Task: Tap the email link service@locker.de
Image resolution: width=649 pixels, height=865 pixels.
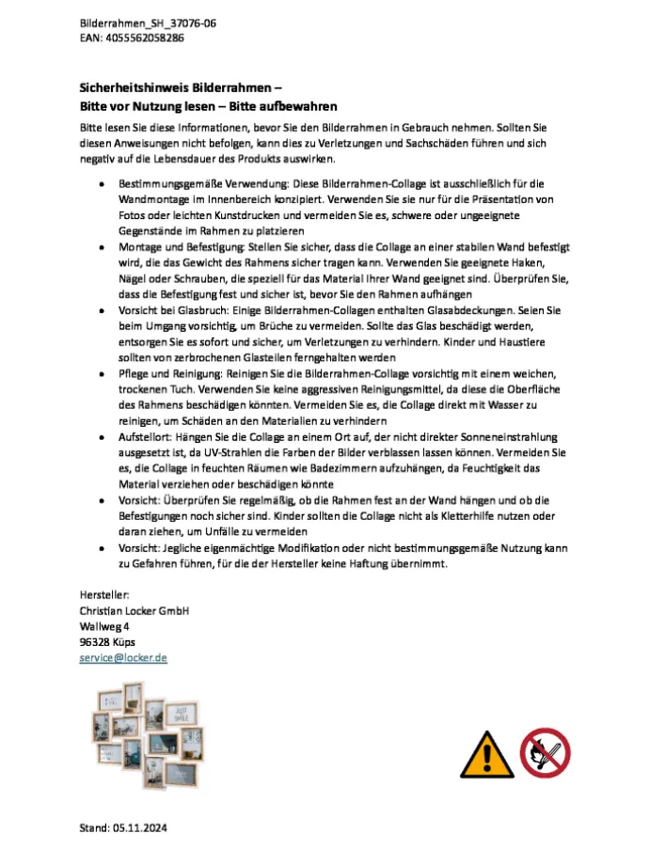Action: click(x=123, y=658)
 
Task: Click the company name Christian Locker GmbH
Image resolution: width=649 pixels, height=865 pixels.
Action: click(x=135, y=610)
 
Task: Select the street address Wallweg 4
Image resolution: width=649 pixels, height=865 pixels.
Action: click(x=104, y=626)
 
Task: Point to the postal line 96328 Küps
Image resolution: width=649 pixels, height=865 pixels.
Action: click(x=107, y=642)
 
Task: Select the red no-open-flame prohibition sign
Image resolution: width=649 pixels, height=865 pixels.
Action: click(x=545, y=751)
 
